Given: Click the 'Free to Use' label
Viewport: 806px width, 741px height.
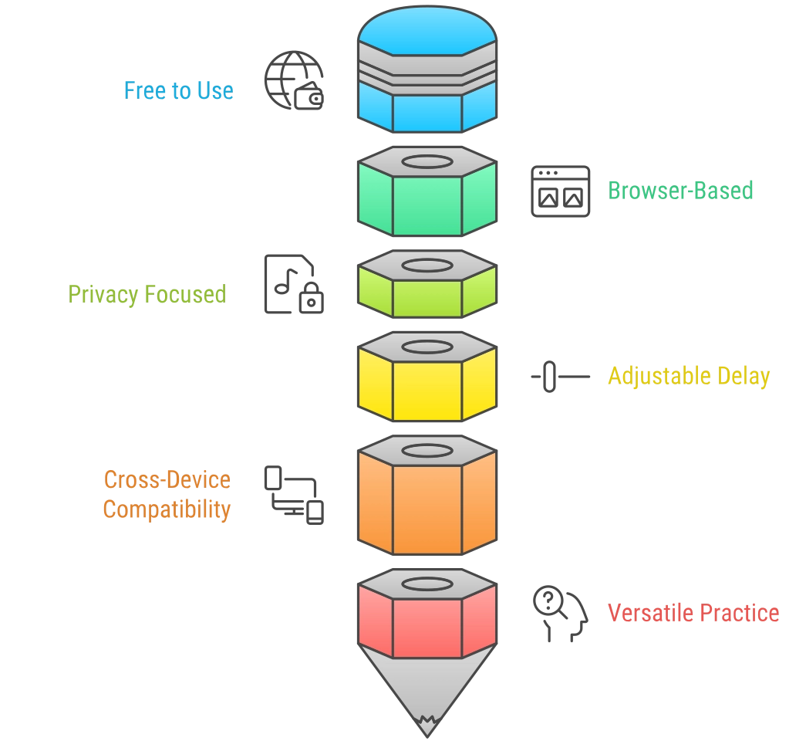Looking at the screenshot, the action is coord(179,90).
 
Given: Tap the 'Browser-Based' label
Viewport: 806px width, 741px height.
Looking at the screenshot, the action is coord(680,191).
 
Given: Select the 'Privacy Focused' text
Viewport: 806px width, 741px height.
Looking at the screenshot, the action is coord(147,294).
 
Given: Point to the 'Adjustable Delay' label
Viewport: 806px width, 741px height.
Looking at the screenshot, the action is coord(689,376).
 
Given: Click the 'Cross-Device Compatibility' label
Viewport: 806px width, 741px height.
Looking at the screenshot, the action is coord(167,495).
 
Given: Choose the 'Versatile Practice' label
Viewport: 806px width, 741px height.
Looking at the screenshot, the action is coord(693,613).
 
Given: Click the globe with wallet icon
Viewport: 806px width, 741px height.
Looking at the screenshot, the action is coord(294,80).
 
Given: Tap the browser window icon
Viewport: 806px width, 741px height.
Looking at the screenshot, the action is coord(560,191).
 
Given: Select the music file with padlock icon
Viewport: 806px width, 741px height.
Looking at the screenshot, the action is coord(294,284).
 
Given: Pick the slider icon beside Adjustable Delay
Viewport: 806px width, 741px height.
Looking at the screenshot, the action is coord(560,377).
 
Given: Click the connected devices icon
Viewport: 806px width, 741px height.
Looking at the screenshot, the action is coord(294,495).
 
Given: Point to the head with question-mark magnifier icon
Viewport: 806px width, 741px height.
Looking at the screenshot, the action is coord(560,614).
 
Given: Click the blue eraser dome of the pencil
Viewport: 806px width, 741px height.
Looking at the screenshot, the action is coord(427,31).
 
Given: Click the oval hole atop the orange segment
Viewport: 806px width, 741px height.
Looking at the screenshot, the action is coord(427,452).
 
